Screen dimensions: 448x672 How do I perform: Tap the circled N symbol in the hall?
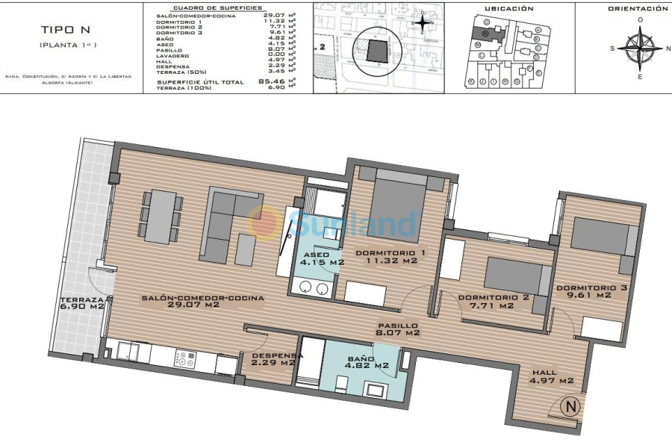pos(570,408)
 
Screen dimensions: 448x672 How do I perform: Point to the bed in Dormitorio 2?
pos(512,276)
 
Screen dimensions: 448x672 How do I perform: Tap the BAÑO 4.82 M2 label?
pos(368,362)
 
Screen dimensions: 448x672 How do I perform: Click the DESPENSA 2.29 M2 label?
pos(278,360)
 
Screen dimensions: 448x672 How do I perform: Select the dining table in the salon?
pos(161,216)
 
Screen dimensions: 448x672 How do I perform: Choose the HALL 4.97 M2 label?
pos(553,377)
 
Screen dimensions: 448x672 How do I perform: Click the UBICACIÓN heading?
pos(508,9)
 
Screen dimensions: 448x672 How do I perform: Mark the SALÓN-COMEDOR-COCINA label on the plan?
pos(202,301)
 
